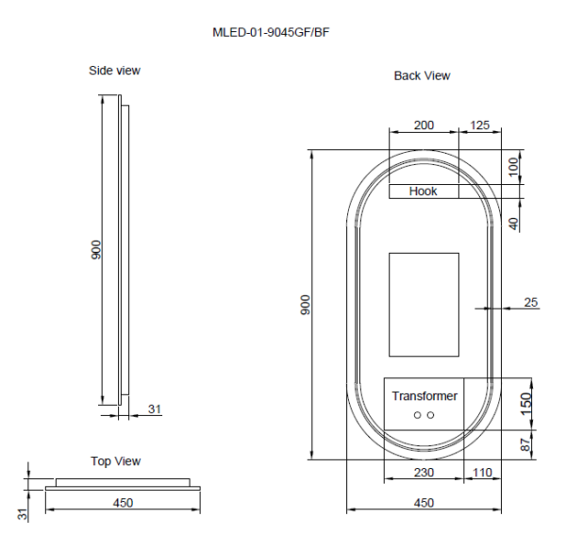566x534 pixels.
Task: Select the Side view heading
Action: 115,70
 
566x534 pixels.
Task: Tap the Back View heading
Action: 422,75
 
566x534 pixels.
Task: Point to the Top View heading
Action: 115,461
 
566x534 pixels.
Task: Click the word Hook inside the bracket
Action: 423,192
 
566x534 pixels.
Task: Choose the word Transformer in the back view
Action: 424,396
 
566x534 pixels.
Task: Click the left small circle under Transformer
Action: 416,415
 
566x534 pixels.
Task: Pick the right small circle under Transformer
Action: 430,415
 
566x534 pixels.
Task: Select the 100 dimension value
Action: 513,168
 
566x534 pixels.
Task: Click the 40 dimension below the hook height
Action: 513,225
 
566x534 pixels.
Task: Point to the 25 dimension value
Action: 530,303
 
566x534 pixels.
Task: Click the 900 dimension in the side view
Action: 96,250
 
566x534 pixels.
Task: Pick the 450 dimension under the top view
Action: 123,503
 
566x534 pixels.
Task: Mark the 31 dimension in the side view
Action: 155,409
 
